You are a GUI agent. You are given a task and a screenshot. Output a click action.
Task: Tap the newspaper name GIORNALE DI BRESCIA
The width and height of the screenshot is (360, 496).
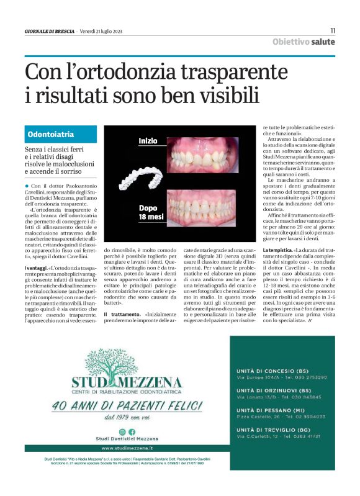click(50, 30)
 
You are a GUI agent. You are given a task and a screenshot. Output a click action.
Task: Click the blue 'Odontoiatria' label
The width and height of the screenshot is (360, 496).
click(52, 134)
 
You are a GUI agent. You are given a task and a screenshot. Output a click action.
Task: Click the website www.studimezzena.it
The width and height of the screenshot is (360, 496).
click(127, 448)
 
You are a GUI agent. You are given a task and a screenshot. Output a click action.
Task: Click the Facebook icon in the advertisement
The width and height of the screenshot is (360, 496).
click(131, 431)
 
